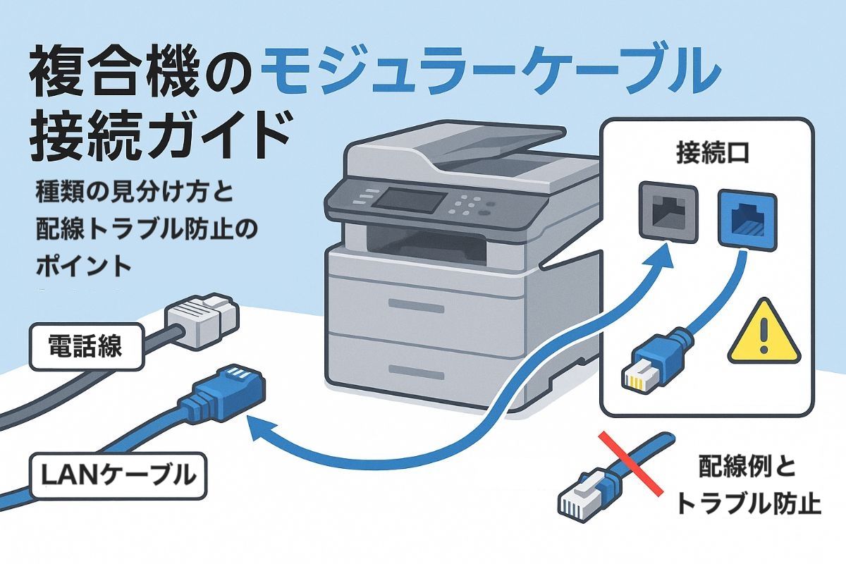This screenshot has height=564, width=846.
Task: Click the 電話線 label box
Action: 85,346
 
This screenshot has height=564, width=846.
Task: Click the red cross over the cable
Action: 629,462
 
